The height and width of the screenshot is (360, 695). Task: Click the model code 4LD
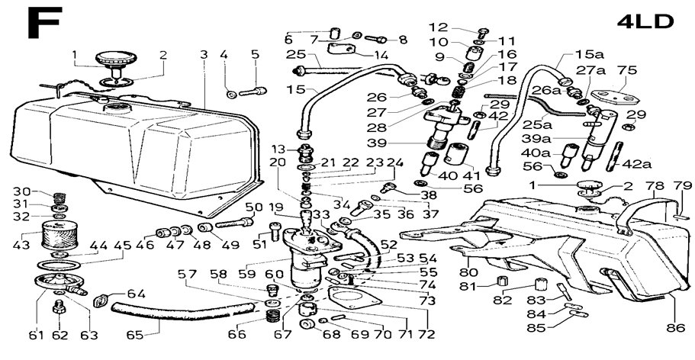[645, 21]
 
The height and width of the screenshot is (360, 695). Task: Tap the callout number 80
[469, 272]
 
